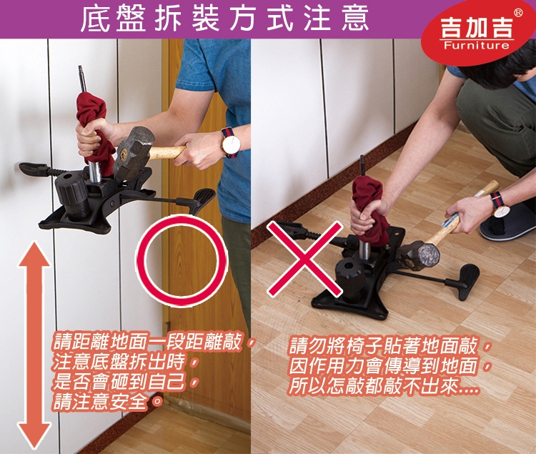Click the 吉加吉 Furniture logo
click(478, 33)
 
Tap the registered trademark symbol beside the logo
click(518, 13)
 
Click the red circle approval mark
click(182, 260)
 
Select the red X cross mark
click(304, 258)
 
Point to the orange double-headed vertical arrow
click(34, 345)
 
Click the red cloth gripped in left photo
click(94, 130)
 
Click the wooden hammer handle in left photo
click(167, 152)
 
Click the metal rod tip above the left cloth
click(81, 68)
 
